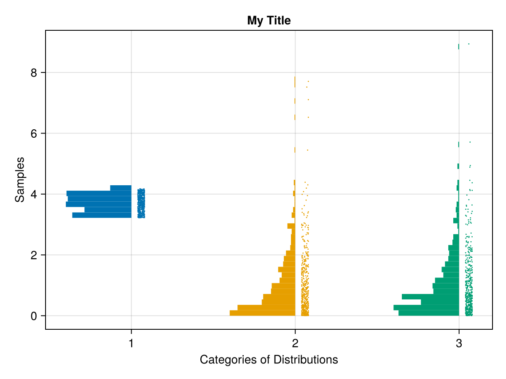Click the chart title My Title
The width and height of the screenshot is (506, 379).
coord(269,20)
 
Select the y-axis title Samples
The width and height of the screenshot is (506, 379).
coord(19,179)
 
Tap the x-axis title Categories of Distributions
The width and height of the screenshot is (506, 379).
coord(269,360)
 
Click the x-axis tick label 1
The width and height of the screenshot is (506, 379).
coord(131,344)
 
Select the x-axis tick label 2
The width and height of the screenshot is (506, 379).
coord(295,344)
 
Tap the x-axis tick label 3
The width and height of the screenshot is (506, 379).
coord(459,344)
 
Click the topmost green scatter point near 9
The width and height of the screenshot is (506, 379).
coord(468,44)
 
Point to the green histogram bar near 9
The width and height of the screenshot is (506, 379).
coord(458,46)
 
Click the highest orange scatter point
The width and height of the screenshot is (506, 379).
coord(308,81)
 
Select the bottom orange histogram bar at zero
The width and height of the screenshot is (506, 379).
coord(262,313)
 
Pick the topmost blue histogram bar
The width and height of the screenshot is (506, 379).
coord(121,188)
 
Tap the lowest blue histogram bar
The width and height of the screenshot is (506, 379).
coord(102,215)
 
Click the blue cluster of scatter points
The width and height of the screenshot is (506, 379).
coord(141,203)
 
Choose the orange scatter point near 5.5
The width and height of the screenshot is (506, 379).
coord(307,150)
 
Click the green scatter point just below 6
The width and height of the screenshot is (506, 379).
coord(470,142)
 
